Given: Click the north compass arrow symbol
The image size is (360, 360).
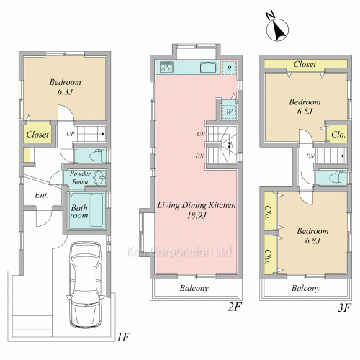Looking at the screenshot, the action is click(277, 28).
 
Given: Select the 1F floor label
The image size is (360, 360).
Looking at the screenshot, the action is click(124, 338).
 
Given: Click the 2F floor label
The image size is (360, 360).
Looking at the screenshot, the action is click(235, 307).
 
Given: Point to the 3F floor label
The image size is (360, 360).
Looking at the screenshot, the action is click(345, 307).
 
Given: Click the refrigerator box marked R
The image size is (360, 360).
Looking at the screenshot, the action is click(229, 68).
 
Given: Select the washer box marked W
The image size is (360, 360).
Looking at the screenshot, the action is click(229, 112).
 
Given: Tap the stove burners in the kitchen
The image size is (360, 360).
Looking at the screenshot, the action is click(166, 67).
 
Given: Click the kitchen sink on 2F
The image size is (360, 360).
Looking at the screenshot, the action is click(208, 67).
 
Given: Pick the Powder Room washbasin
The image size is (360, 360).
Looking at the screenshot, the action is click(99, 177).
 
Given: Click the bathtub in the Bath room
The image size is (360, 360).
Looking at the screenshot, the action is click(97, 210).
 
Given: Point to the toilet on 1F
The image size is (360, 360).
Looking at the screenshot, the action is click(98, 156).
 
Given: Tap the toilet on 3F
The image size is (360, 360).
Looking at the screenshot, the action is click(338, 178).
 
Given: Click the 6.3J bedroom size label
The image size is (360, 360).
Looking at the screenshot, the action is click(65, 91).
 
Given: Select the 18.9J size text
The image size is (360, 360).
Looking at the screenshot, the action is click(197, 215).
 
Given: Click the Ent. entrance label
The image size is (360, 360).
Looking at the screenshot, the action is click(42, 195).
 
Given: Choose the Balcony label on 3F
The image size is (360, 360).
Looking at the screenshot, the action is click(306, 288).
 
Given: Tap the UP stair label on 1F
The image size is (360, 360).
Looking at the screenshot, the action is click(71, 134).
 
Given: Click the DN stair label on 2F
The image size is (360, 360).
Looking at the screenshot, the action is click(199, 156).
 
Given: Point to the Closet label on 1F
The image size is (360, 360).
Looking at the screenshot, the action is click(37, 134).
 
